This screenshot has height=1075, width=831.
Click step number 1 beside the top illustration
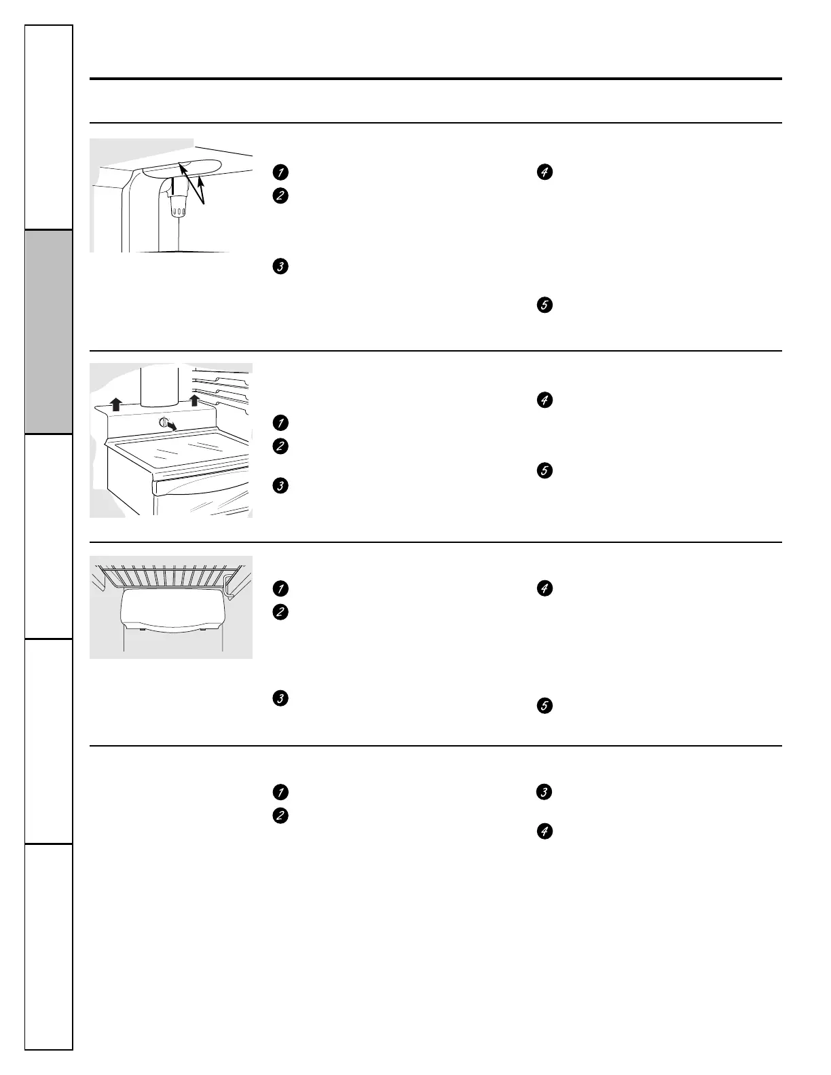[278, 172]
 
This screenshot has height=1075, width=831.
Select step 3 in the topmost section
[278, 267]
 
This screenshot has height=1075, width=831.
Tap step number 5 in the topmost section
[544, 305]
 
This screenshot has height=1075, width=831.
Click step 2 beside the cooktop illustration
[278, 447]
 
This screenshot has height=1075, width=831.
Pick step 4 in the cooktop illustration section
[544, 400]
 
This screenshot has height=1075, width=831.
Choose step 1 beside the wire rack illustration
[278, 588]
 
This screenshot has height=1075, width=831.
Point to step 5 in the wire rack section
[544, 706]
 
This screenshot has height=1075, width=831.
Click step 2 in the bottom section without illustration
[278, 816]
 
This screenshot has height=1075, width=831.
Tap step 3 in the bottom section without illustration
[544, 792]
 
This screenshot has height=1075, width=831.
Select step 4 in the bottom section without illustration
[544, 831]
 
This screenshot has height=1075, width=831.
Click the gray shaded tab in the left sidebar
[49, 332]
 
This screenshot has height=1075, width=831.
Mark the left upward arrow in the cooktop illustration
[116, 404]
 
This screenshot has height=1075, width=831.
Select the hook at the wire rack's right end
[231, 587]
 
